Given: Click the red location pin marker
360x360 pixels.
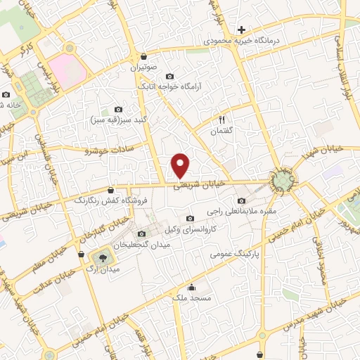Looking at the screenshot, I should [x=181, y=165].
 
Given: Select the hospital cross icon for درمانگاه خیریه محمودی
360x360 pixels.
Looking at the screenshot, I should [x=241, y=30].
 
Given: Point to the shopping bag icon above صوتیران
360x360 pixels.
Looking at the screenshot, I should [x=144, y=57].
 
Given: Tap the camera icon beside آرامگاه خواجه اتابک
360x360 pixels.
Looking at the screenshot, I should [x=169, y=76].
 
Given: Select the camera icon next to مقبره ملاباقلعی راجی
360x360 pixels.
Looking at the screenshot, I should [x=242, y=200].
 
